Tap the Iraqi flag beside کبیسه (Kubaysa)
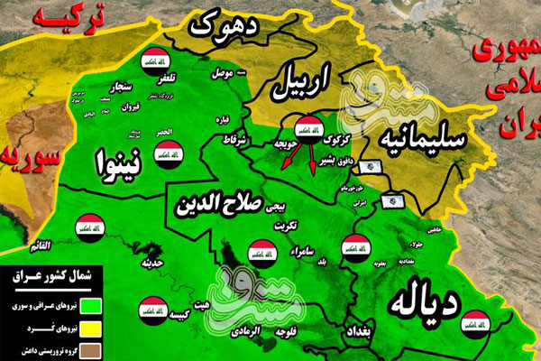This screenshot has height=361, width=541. click(x=150, y=310)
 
